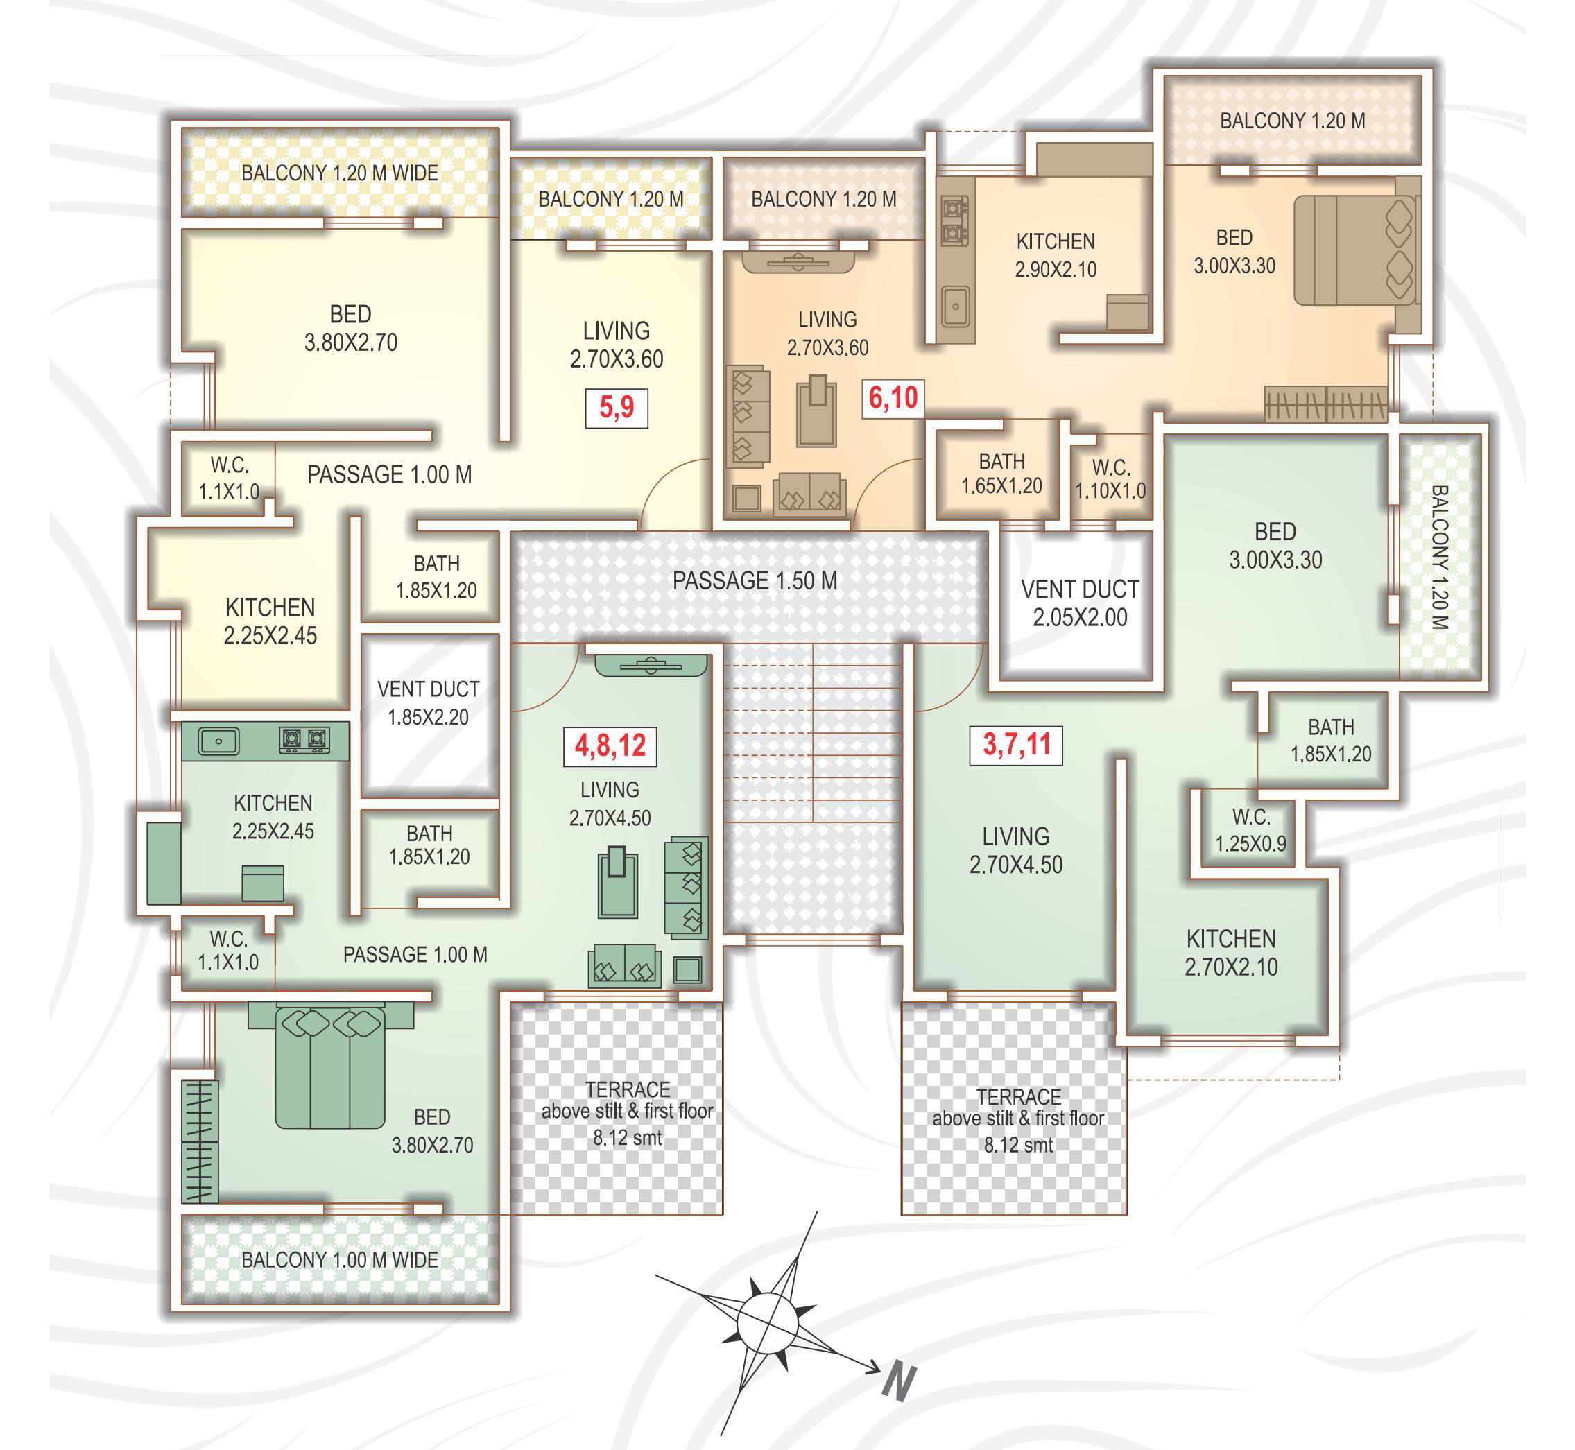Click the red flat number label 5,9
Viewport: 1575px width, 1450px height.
click(x=616, y=408)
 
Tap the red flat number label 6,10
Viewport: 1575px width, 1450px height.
click(x=893, y=399)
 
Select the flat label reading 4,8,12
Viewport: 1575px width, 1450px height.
click(x=610, y=746)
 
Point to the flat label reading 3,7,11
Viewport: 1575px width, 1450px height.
click(x=1016, y=745)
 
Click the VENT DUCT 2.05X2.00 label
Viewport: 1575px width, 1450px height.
click(x=1080, y=603)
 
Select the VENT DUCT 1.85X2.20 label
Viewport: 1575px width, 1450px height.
click(x=429, y=703)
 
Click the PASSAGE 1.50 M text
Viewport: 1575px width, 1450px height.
click(x=755, y=581)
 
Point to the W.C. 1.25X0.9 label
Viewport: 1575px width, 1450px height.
click(x=1251, y=830)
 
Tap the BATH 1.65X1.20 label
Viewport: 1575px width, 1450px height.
click(x=1002, y=474)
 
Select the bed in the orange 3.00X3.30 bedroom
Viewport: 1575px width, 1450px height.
click(x=1355, y=250)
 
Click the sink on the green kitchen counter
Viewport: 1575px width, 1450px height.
click(x=219, y=741)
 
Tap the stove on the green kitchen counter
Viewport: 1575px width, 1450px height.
click(x=304, y=740)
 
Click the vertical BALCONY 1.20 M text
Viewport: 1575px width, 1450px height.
click(x=1439, y=557)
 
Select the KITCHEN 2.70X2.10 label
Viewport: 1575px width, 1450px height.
click(x=1231, y=953)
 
